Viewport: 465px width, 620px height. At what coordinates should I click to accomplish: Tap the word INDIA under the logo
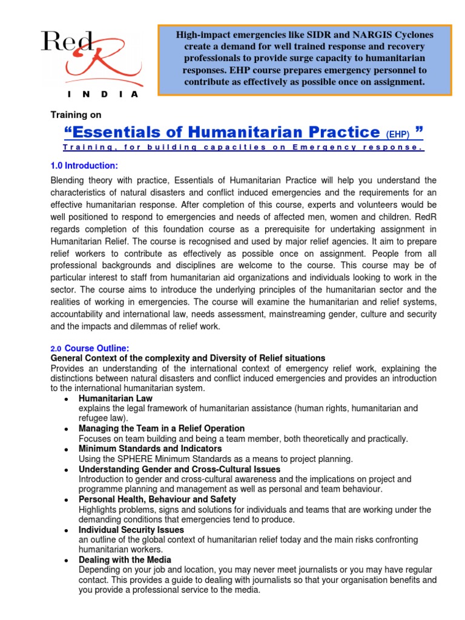click(x=103, y=94)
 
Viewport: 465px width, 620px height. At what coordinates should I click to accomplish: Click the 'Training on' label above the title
click(x=76, y=114)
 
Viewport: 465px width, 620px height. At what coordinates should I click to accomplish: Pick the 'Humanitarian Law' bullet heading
click(x=116, y=398)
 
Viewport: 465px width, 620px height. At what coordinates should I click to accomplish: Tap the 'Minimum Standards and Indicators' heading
click(x=150, y=449)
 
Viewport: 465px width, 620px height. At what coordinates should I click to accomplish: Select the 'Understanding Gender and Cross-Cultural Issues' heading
click(x=179, y=469)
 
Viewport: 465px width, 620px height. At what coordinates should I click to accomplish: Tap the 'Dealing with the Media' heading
click(x=125, y=559)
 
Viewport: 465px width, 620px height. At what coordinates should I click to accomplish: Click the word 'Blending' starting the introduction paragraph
click(x=70, y=181)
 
